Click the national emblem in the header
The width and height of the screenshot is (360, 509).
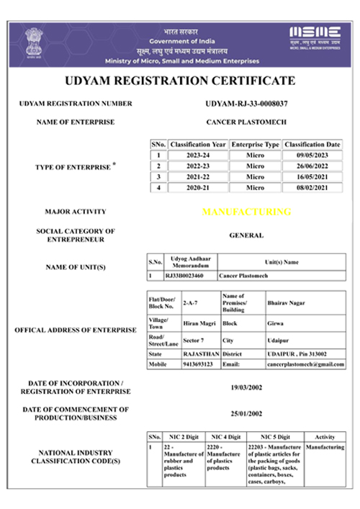point(33,40)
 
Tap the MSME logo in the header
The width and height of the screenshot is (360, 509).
point(314,36)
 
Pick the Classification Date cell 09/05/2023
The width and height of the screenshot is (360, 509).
point(312,155)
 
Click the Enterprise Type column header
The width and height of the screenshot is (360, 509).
point(255,144)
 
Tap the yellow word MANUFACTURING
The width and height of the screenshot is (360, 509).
point(246,212)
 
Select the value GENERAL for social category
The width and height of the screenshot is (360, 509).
point(246,235)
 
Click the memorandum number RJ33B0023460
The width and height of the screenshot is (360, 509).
point(184,275)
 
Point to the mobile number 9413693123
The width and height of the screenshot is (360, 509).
point(198,364)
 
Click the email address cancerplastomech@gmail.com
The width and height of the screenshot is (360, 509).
point(305,364)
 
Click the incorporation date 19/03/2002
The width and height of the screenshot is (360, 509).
point(246,387)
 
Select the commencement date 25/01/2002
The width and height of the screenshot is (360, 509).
point(246,414)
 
